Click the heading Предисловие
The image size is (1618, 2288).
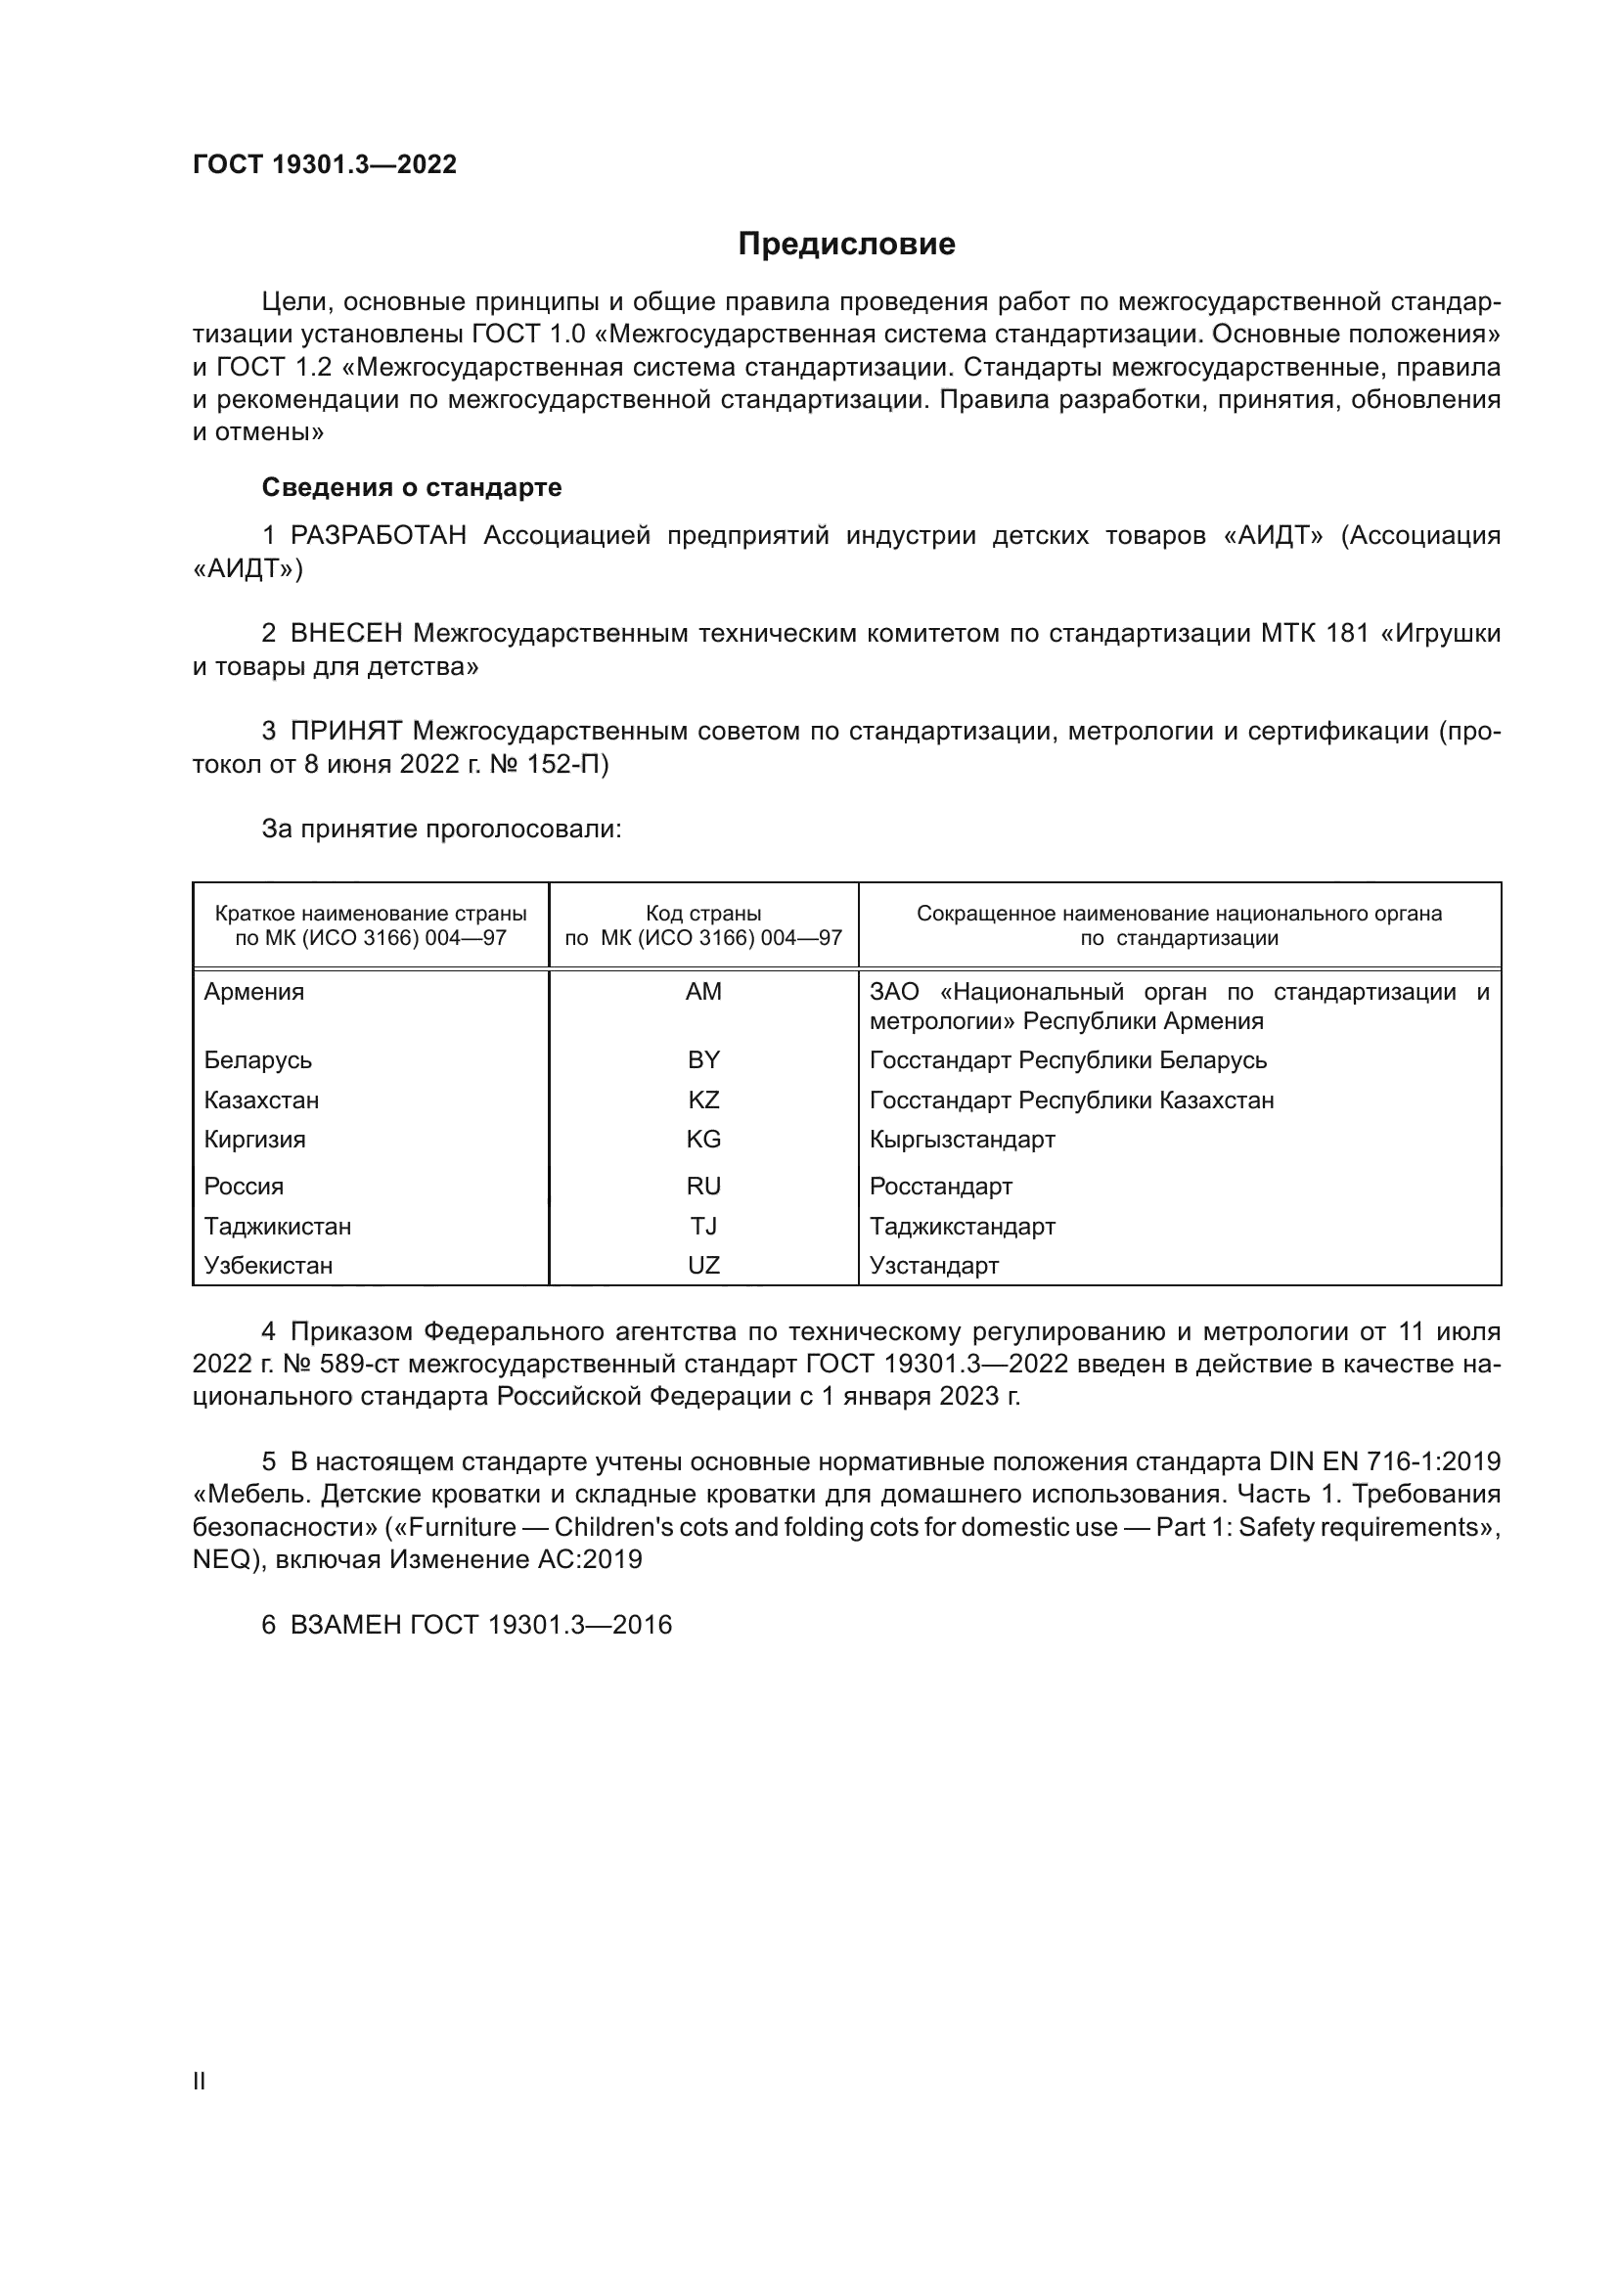point(846,245)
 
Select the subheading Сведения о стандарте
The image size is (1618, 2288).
point(412,487)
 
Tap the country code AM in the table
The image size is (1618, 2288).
point(703,992)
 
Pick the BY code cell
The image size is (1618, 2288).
point(703,1060)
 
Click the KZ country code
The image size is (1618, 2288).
point(703,1100)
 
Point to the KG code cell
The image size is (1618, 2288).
point(703,1139)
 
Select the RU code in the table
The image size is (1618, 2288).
point(703,1186)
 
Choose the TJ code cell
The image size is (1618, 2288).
point(703,1226)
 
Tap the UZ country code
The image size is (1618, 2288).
point(703,1265)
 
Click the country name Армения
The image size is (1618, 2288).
point(254,992)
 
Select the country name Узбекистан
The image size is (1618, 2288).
point(268,1265)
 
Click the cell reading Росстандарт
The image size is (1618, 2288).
point(940,1186)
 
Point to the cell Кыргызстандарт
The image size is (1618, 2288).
point(962,1139)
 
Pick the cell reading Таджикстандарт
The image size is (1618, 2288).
point(962,1226)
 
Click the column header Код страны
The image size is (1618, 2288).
point(703,914)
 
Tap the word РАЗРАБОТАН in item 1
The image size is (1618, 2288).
point(379,536)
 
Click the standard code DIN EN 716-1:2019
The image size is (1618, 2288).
point(1385,1461)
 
